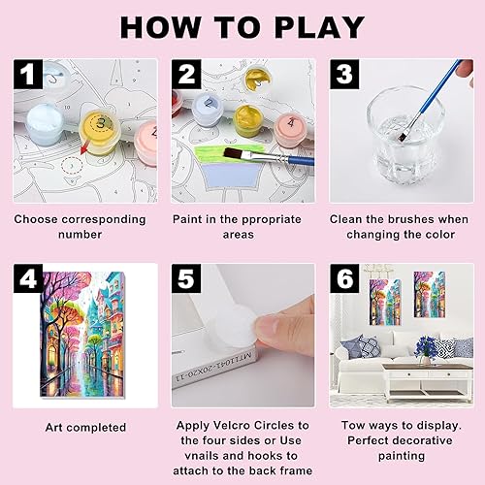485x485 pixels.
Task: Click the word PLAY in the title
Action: (319, 27)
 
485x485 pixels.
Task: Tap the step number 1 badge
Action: (28, 74)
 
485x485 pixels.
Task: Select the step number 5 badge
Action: (186, 278)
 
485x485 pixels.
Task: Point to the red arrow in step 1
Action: (85, 145)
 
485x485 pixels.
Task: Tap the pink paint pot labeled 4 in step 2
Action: (290, 129)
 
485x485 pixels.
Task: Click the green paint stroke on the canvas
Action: (228, 153)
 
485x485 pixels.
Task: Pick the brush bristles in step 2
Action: (234, 152)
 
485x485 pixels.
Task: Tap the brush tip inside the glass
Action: (403, 137)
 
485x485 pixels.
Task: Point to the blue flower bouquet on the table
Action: (426, 347)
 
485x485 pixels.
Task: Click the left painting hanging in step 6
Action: (385, 302)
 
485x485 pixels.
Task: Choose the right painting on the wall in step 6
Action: (430, 295)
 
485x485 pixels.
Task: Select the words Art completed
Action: (85, 428)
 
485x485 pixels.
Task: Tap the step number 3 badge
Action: (344, 74)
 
